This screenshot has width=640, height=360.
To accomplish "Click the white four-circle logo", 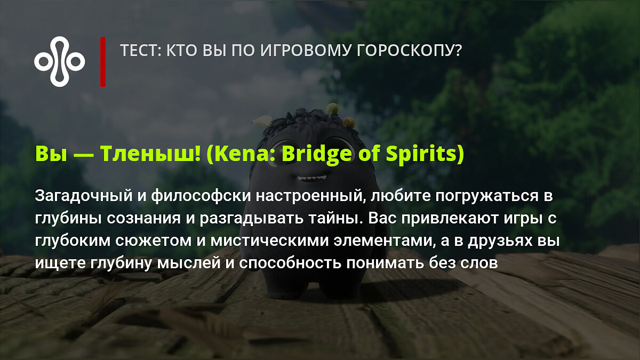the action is (x=59, y=61).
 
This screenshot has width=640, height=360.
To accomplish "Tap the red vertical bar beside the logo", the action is (x=103, y=62).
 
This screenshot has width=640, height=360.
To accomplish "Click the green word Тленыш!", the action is (x=150, y=154).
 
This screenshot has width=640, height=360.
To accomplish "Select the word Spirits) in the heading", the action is (x=425, y=154).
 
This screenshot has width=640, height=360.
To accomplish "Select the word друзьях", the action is (x=500, y=242).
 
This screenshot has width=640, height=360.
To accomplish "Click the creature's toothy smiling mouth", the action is (x=311, y=178).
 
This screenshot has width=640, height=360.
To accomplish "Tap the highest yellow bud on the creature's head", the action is (x=332, y=109).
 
